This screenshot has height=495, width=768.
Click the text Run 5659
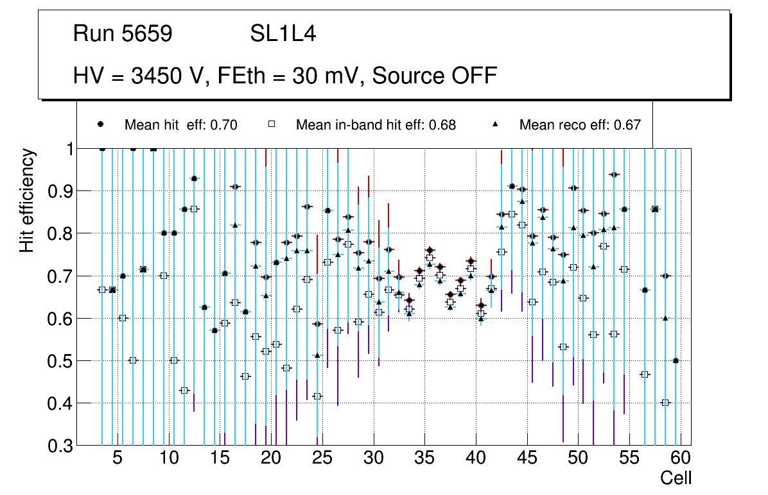click(x=123, y=34)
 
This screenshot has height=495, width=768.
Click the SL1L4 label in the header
click(x=283, y=34)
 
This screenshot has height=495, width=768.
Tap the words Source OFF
click(x=435, y=76)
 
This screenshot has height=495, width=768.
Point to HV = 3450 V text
click(x=141, y=76)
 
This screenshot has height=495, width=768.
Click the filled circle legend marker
click(x=101, y=124)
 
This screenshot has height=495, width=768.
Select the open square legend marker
click(x=272, y=124)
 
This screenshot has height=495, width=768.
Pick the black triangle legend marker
click(x=495, y=124)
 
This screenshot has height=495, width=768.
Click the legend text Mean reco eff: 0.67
click(x=580, y=125)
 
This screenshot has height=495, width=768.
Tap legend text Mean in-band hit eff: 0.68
click(x=376, y=125)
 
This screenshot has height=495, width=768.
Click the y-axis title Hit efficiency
click(x=27, y=200)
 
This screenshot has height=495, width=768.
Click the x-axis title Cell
click(x=676, y=478)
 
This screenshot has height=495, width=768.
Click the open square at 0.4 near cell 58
click(x=665, y=403)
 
